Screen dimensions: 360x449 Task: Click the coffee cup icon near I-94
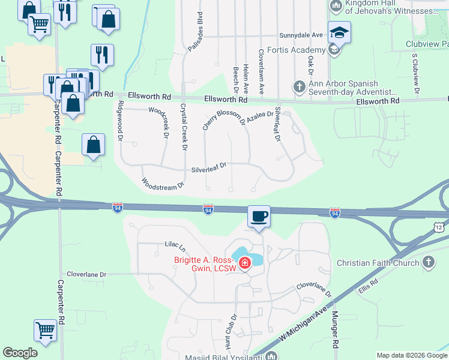click(259, 216)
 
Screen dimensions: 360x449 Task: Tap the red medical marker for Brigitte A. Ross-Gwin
click(245, 263)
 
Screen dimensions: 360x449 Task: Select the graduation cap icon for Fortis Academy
click(339, 33)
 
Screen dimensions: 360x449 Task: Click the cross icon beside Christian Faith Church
click(428, 262)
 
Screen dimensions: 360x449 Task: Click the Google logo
click(20, 353)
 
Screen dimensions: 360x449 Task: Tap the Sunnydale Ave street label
click(301, 35)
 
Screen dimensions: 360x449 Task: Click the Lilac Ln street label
click(175, 246)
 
